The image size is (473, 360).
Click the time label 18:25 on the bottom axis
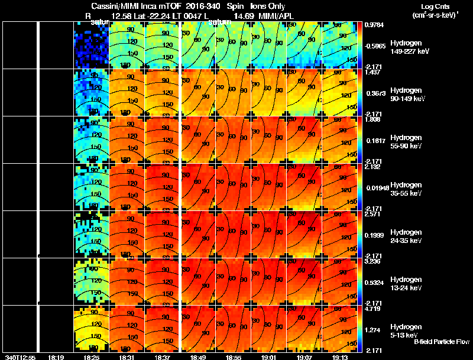[x=91, y=356]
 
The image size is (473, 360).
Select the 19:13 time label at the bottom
[x=339, y=356]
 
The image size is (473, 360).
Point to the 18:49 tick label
[x=198, y=356]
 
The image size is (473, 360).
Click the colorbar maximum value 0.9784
[x=374, y=25]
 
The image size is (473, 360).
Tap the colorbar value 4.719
[x=372, y=309]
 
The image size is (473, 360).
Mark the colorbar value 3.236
[x=372, y=261]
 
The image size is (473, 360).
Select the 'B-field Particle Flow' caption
[x=441, y=342]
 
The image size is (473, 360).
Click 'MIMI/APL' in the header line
[x=274, y=15]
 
